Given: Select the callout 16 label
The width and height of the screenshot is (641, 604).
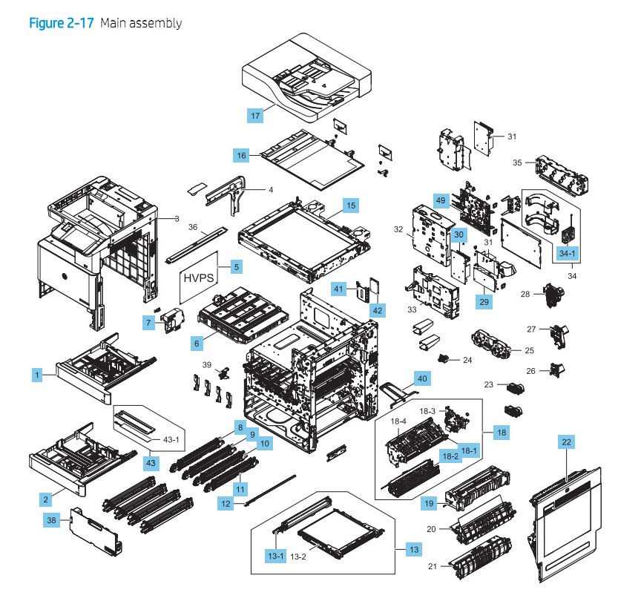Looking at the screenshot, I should pos(241,155).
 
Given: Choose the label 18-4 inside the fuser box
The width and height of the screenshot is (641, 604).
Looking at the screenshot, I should pos(398,422).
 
